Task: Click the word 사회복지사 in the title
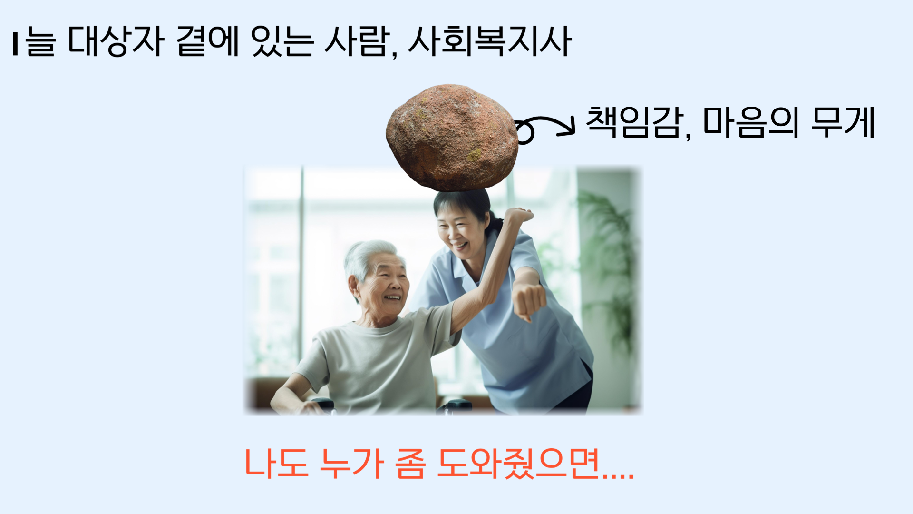tap(490, 41)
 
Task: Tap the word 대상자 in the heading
tap(117, 41)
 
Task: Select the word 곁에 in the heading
tap(207, 41)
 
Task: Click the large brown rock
tap(452, 138)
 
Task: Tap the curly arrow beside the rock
tap(545, 128)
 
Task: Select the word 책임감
tap(635, 122)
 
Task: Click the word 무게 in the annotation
tap(843, 122)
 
